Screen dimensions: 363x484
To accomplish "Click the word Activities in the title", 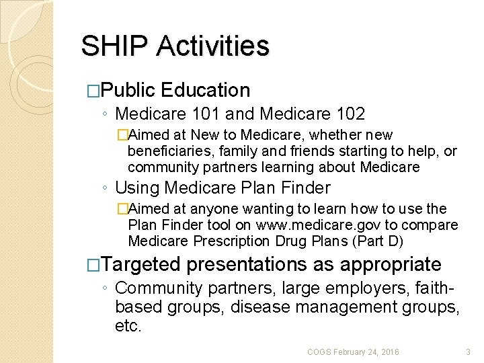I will click(213, 46).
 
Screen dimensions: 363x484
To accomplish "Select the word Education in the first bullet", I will click(206, 90).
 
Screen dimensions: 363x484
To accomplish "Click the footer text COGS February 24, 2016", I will click(353, 352).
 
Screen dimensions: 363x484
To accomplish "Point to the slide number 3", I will click(469, 352).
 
